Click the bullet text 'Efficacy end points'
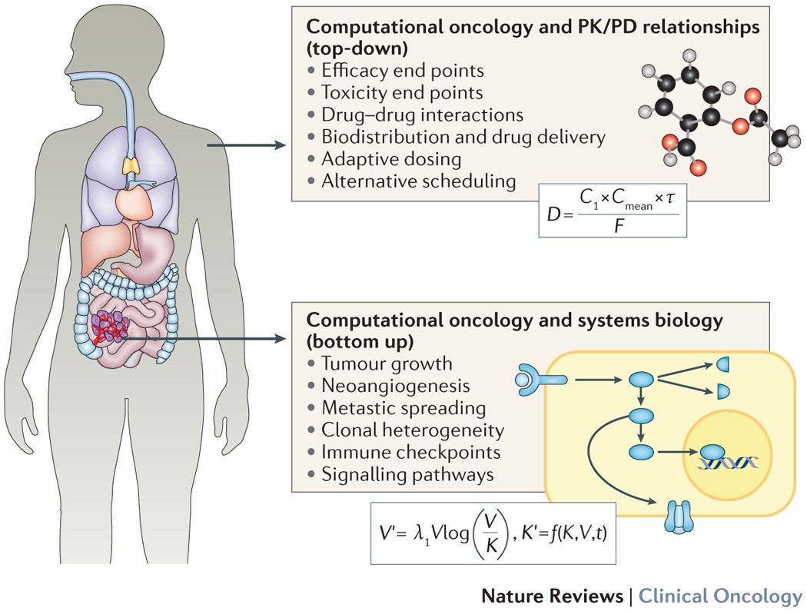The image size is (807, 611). [x=403, y=70]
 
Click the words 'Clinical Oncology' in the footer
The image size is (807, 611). [x=720, y=596]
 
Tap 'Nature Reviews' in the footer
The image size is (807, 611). [x=553, y=596]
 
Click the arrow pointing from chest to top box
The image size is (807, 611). [x=246, y=143]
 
